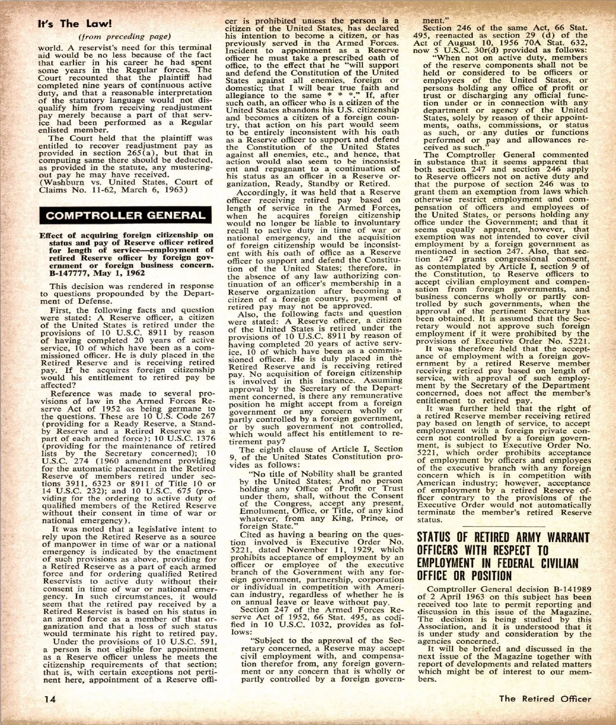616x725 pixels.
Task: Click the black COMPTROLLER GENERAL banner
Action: coord(125,215)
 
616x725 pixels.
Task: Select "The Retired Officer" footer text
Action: coord(545,698)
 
